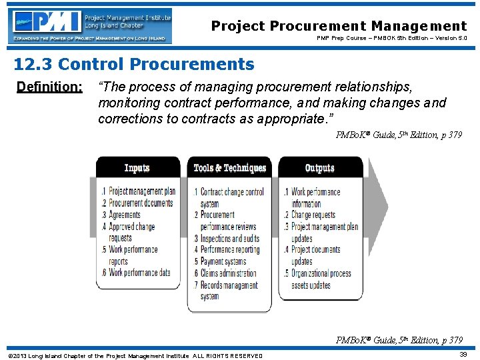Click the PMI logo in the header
coord(90,26)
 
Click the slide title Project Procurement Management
coord(339,26)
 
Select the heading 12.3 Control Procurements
coord(134,65)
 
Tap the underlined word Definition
coord(49,87)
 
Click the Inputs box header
coord(137,168)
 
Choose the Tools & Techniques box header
coord(229,168)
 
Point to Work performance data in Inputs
coord(139,272)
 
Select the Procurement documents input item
coord(140,203)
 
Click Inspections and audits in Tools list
coord(230,239)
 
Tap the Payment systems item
coord(223,261)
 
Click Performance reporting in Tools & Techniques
coord(231,250)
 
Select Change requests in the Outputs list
coord(313,215)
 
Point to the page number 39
coord(462,355)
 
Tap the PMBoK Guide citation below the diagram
coord(399,341)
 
